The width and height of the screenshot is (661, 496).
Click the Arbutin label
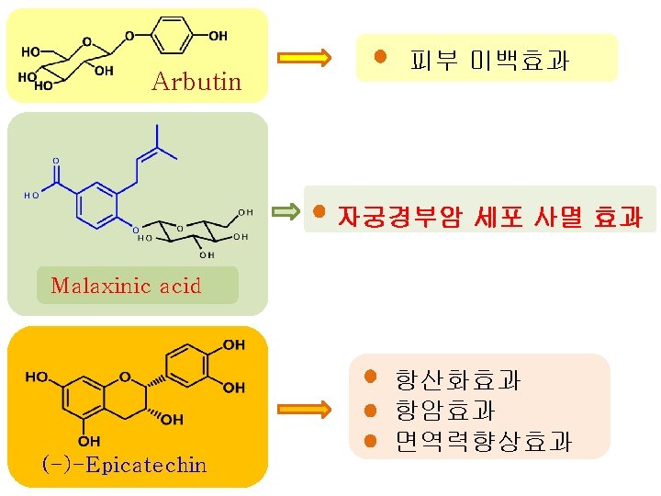click(x=196, y=82)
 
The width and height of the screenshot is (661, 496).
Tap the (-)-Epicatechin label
click(x=125, y=465)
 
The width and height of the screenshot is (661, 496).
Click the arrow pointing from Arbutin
click(x=304, y=58)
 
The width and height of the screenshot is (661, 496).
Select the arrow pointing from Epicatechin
click(x=304, y=408)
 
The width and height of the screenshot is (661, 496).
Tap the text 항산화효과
click(x=458, y=378)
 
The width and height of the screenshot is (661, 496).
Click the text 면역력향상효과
click(x=483, y=442)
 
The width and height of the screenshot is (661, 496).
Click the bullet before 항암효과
click(x=371, y=410)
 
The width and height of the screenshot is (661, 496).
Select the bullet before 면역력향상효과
click(x=371, y=441)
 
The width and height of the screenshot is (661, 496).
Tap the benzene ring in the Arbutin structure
click(x=172, y=36)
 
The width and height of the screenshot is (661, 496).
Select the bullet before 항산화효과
click(x=370, y=376)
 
